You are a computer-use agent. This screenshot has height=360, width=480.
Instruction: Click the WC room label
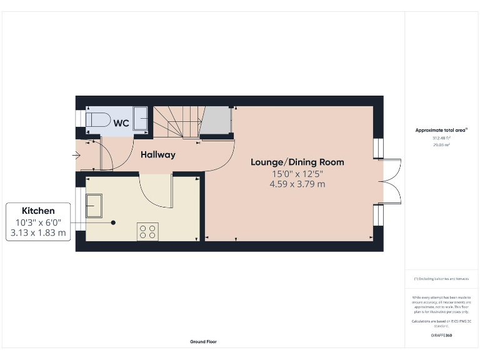pos(121,123)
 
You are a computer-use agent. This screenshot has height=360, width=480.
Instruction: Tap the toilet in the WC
pos(97,119)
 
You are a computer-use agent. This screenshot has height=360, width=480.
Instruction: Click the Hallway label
pos(157,154)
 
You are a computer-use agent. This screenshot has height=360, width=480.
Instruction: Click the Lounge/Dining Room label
pos(297,162)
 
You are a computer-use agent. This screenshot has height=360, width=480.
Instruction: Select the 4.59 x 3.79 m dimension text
pos(297,184)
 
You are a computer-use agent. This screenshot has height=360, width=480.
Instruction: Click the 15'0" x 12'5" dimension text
pos(297,173)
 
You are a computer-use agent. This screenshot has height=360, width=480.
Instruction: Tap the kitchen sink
pos(95,206)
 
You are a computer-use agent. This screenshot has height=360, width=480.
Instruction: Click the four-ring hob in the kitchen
pos(148,231)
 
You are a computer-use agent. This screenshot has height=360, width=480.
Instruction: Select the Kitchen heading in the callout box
pos(38,211)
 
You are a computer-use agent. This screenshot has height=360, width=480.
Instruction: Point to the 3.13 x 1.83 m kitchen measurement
pos(38,233)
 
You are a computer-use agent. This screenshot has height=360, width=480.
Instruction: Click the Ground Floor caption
pos(203,342)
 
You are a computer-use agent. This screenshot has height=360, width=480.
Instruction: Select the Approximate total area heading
pos(441,130)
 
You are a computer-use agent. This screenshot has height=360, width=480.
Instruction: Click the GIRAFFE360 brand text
pos(441,336)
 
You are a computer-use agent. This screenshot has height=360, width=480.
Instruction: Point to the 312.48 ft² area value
pos(441,137)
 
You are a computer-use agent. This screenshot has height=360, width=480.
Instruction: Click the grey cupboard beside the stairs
pos(217,121)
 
